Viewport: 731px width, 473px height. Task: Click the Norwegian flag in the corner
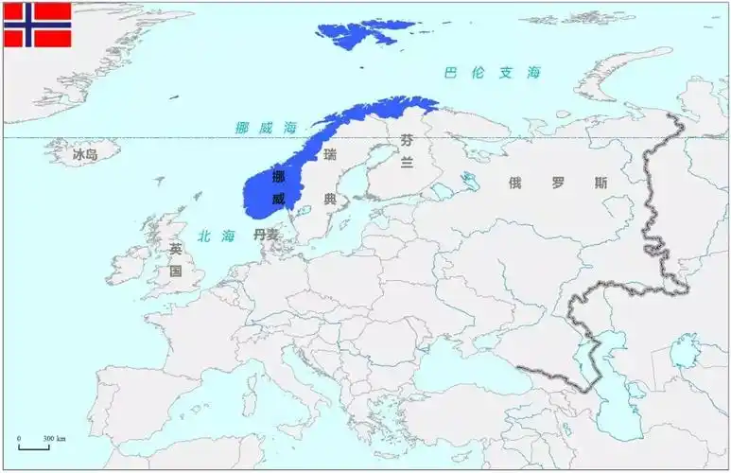(38, 25)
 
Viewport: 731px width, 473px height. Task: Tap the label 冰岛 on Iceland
(85, 153)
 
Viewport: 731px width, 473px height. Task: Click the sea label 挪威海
(266, 127)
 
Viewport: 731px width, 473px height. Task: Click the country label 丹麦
(266, 235)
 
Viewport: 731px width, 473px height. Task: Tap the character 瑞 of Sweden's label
(329, 154)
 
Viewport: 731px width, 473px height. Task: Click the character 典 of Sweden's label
(329, 200)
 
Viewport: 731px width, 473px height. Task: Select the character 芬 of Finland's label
(407, 140)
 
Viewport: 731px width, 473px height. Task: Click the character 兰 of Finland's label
(407, 163)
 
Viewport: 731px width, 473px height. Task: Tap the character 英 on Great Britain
(175, 249)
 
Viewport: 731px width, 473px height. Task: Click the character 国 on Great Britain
(175, 271)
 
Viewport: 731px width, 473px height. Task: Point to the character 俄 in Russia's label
(514, 184)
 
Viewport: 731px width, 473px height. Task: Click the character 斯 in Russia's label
(601, 184)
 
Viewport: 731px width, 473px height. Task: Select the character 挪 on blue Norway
(278, 177)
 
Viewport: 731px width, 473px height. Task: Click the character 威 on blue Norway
(278, 199)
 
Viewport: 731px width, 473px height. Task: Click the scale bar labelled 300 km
(35, 445)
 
